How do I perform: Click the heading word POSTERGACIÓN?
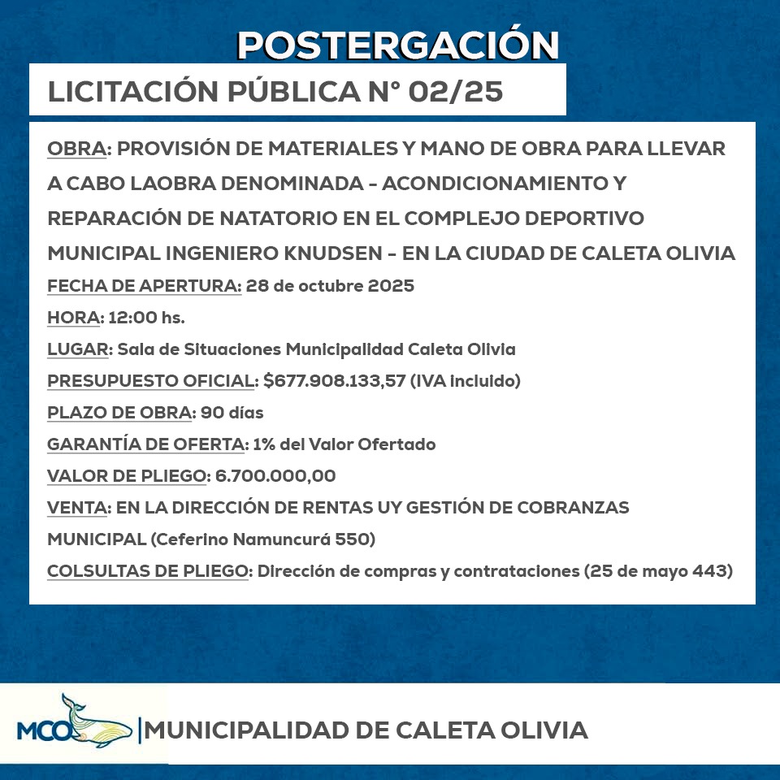398,45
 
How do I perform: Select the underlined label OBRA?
77,149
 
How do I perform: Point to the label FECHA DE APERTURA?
145,286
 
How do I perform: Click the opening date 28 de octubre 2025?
330,286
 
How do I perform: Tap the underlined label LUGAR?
78,349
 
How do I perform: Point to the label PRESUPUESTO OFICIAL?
151,381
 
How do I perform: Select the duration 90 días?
232,413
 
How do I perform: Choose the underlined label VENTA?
78,508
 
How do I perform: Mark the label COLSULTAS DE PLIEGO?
147,571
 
